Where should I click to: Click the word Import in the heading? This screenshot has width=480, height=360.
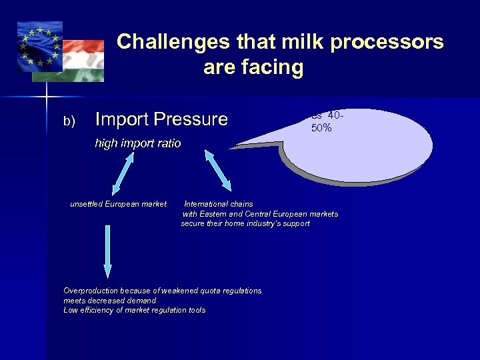coord(123,119)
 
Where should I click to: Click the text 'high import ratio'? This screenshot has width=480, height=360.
coord(137,143)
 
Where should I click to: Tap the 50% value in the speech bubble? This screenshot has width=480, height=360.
coord(321,128)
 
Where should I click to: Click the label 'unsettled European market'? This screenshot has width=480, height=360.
coord(118,204)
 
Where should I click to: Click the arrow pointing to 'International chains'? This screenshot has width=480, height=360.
coord(218,171)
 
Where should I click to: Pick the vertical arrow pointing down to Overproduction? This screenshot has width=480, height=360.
coord(107,252)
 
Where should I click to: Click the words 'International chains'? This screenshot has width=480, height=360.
coord(219,204)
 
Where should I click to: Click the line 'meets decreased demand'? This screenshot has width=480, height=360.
coord(109,301)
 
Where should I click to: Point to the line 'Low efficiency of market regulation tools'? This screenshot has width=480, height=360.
coord(134,310)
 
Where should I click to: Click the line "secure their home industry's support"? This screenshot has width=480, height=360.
coord(245,224)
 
